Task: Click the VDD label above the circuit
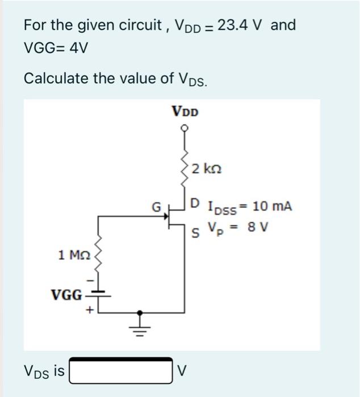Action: click(185, 111)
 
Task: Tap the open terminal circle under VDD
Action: click(184, 129)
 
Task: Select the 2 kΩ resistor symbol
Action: click(184, 168)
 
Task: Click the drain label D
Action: click(195, 203)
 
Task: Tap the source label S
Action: click(195, 232)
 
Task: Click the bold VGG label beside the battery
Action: click(66, 295)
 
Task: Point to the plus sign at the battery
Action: click(89, 311)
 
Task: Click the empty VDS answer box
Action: click(120, 371)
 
